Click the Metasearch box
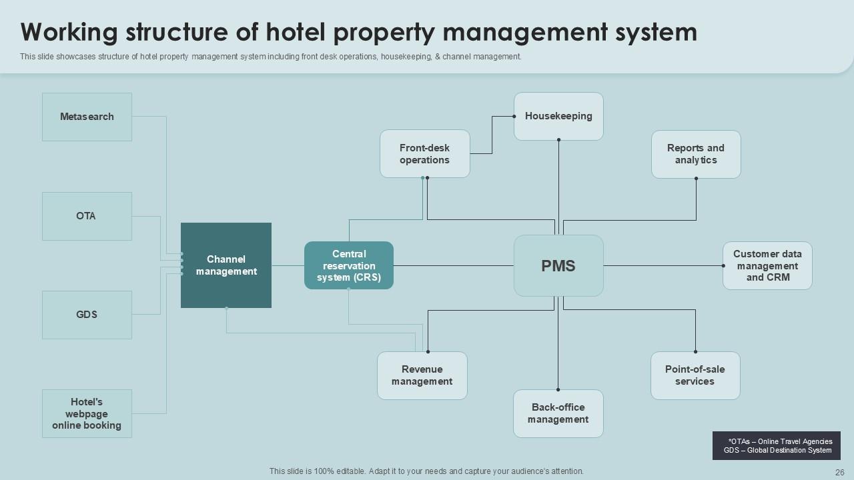[87, 117]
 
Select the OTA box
[87, 216]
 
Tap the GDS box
[87, 315]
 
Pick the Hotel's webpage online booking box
[87, 413]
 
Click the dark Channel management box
[226, 265]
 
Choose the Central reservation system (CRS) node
[349, 265]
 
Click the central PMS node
[558, 265]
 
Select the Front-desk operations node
[425, 154]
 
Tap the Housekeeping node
[558, 116]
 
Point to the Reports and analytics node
[696, 154]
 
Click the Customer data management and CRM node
[767, 265]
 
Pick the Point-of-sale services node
[695, 375]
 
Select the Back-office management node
[558, 413]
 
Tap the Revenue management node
[422, 375]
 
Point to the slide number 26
[839, 471]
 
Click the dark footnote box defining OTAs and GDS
[777, 445]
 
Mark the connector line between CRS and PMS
[454, 266]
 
